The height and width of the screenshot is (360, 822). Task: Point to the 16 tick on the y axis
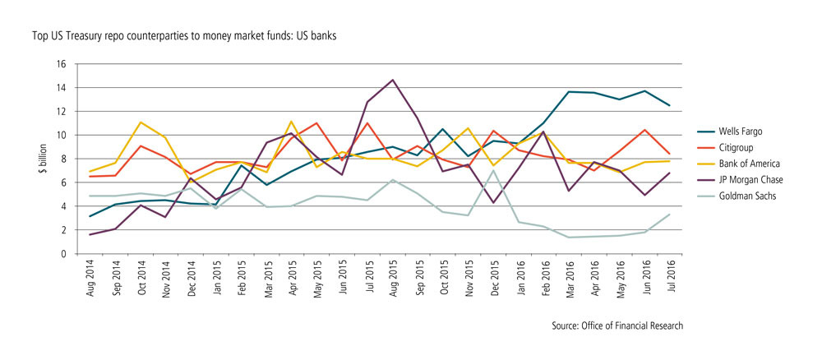[61, 64]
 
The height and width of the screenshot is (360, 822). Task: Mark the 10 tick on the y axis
[61, 136]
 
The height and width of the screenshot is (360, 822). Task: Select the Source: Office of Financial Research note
[617, 326]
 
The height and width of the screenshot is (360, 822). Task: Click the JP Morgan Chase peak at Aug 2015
[393, 80]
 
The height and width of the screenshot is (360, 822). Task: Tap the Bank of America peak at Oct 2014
[141, 122]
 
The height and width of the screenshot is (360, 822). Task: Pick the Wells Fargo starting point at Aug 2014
[90, 216]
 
